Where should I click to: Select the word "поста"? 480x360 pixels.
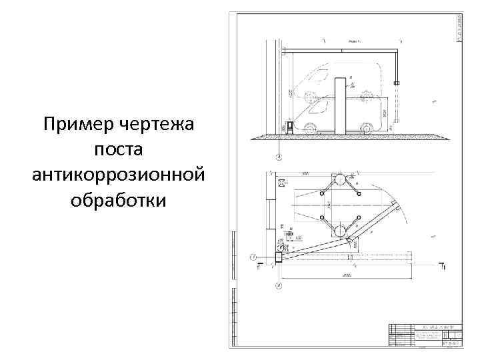pos(117,149)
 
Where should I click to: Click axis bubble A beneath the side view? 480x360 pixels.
pos(279,157)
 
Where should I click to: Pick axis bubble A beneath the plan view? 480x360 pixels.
pos(279,287)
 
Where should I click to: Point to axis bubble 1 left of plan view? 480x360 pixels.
pos(254,257)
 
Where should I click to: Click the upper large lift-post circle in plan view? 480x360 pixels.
pos(340,179)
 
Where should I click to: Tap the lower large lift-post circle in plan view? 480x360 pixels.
pos(340,231)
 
